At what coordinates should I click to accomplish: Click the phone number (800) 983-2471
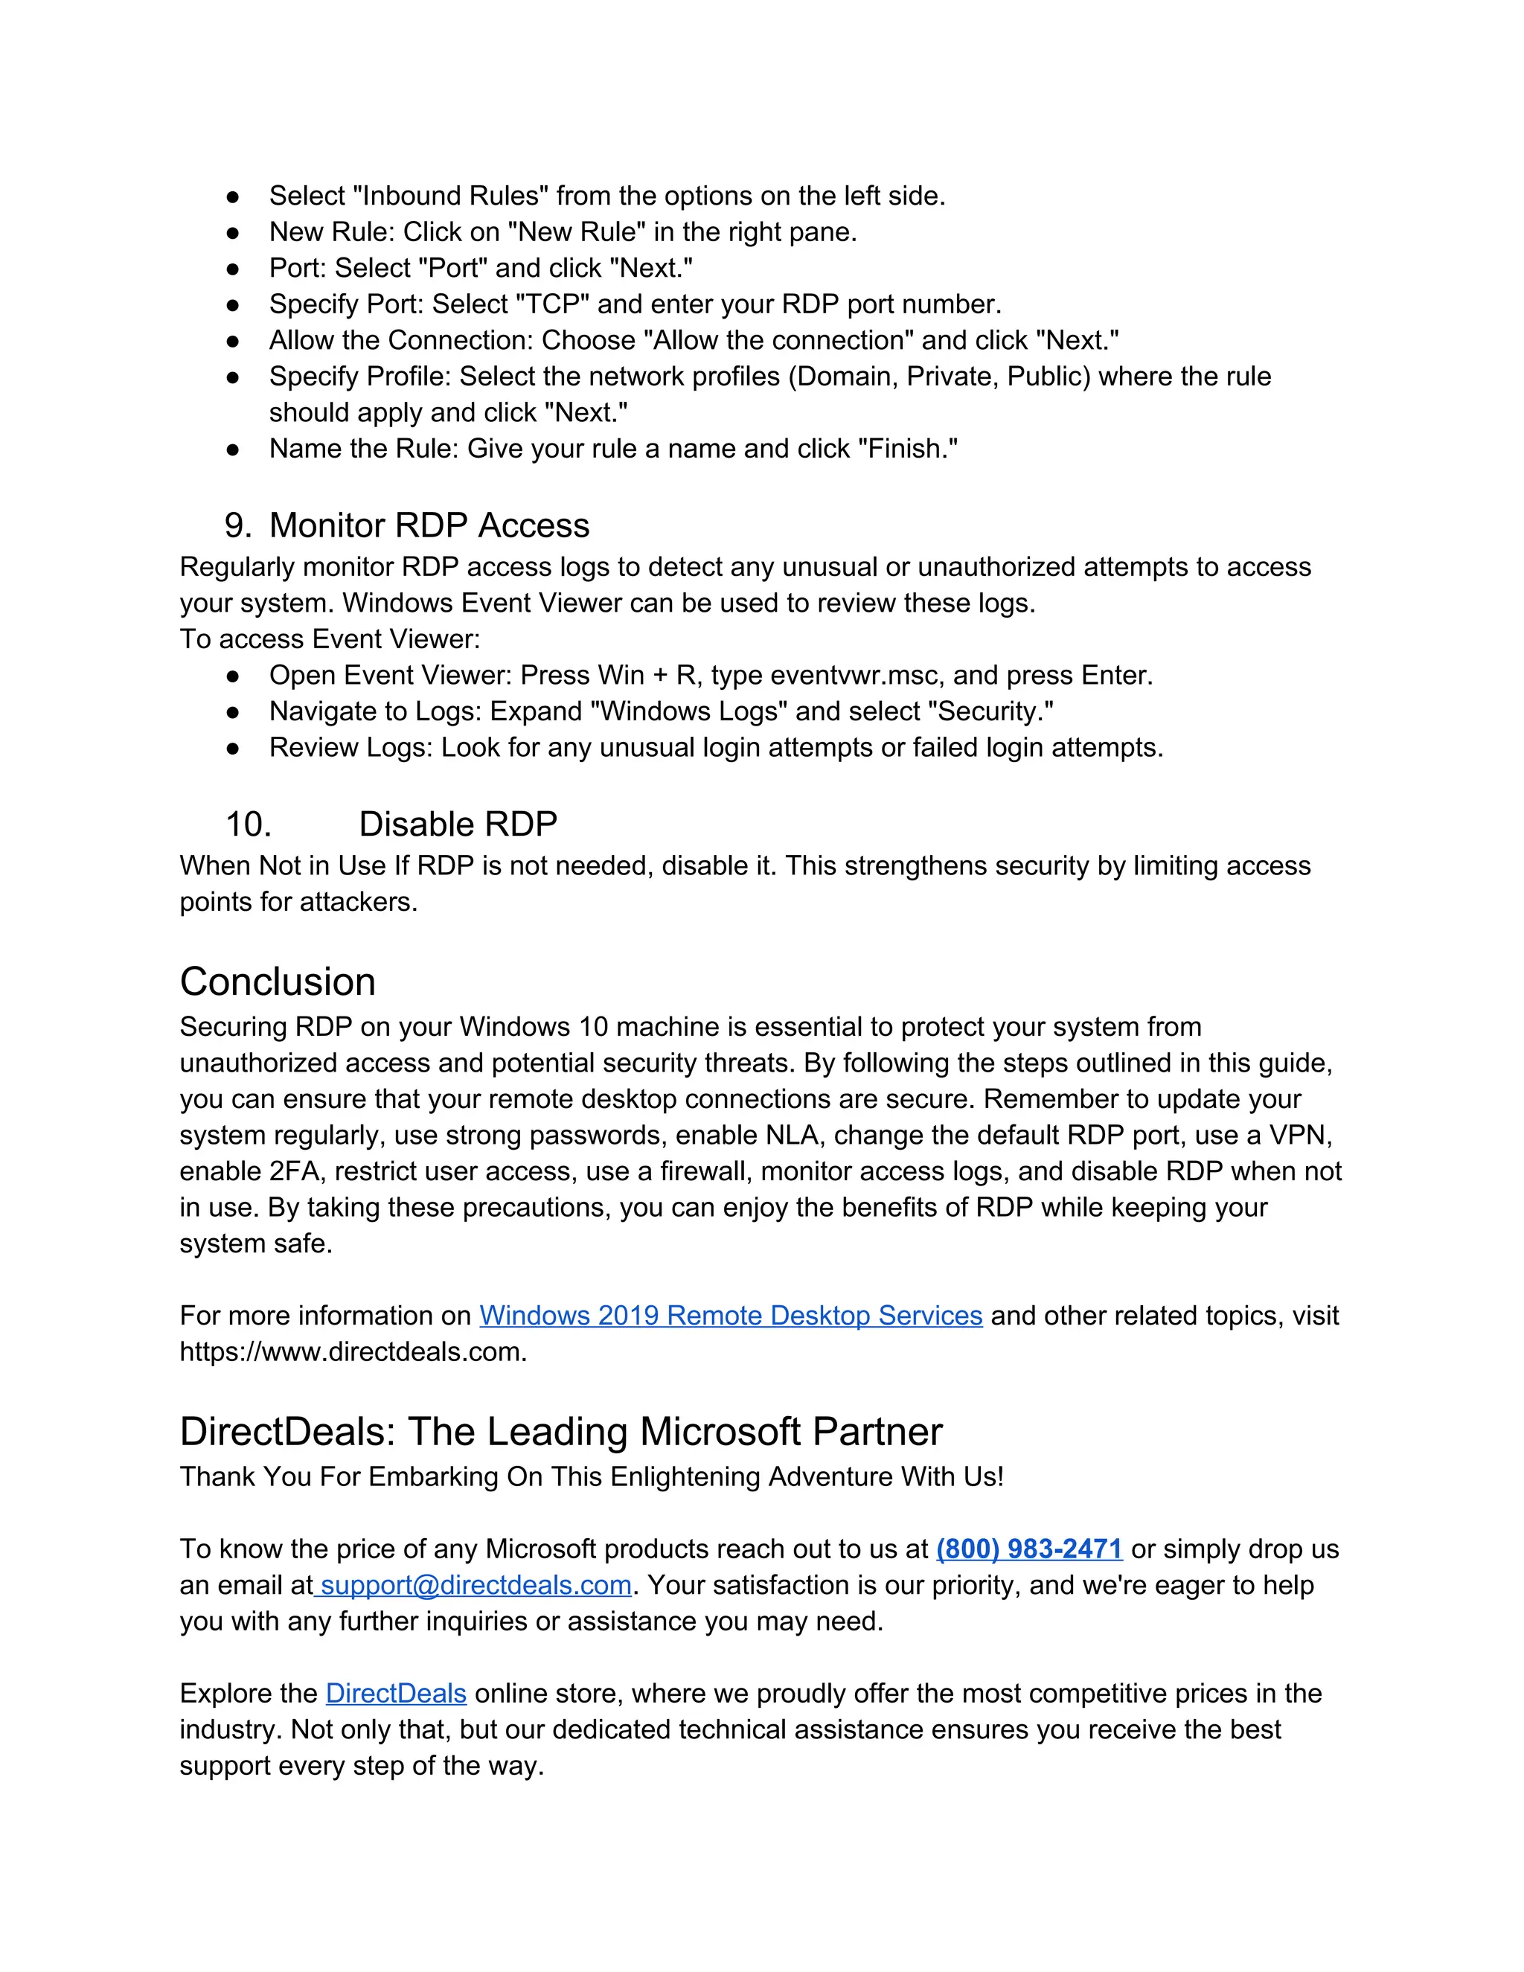1028,1549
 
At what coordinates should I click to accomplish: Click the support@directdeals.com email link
476,1584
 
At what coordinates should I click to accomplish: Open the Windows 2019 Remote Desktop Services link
731,1316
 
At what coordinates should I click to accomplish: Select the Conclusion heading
277,982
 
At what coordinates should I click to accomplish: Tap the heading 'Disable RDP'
458,825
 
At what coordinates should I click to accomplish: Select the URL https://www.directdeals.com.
352,1351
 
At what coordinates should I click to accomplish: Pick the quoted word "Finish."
907,449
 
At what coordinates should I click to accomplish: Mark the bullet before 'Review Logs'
233,749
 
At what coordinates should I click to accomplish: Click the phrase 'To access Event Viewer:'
330,639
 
